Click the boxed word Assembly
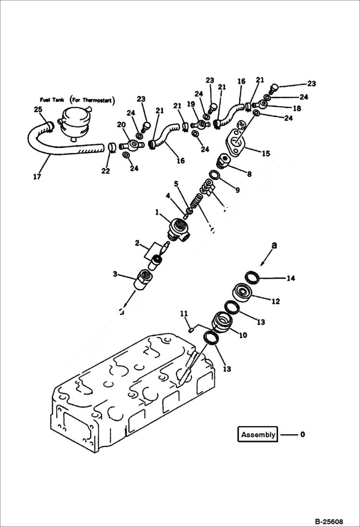pyautogui.click(x=258, y=435)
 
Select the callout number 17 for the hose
pyautogui.click(x=37, y=177)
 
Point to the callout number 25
pyautogui.click(x=37, y=110)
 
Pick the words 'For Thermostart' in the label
pyautogui.click(x=91, y=100)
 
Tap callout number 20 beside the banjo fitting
pyautogui.click(x=122, y=124)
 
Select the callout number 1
pyautogui.click(x=157, y=212)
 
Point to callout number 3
pyautogui.click(x=115, y=274)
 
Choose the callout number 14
pyautogui.click(x=290, y=278)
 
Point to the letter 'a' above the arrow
pyautogui.click(x=274, y=245)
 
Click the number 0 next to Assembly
pyautogui.click(x=302, y=435)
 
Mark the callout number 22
pyautogui.click(x=106, y=171)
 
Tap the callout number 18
pyautogui.click(x=297, y=109)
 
